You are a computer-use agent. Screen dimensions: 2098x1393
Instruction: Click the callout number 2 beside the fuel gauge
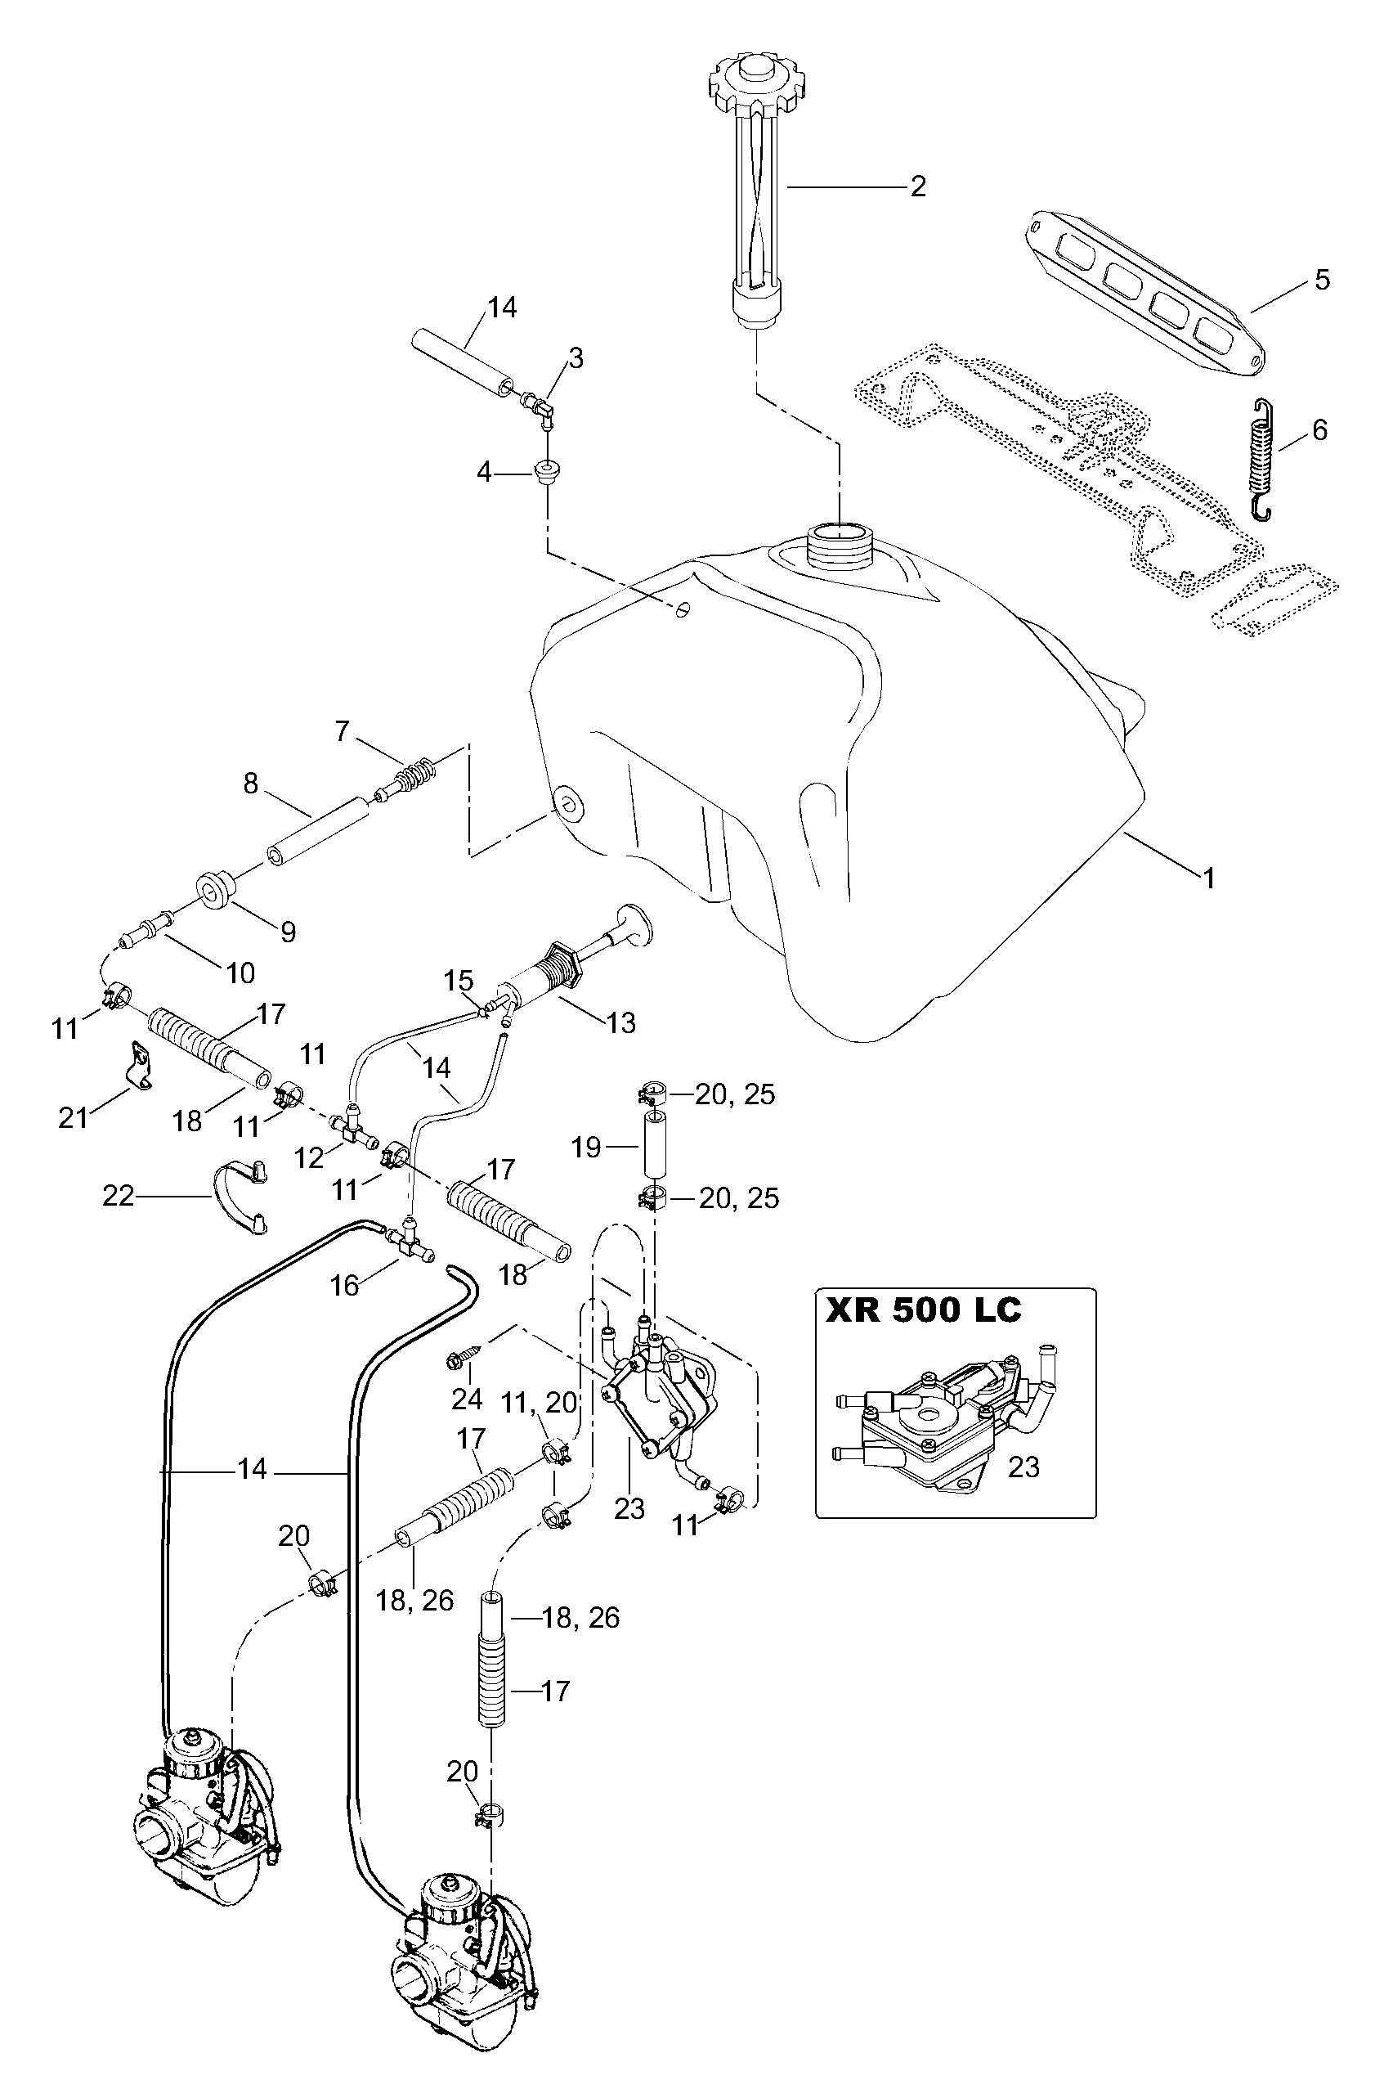918,186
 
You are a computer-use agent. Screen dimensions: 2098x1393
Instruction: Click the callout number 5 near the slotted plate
1322,281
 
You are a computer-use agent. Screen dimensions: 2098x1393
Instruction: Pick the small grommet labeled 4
546,471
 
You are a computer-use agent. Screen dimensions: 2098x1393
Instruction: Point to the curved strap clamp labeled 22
240,1196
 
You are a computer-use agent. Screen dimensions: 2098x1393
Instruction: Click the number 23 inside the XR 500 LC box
1023,1467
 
